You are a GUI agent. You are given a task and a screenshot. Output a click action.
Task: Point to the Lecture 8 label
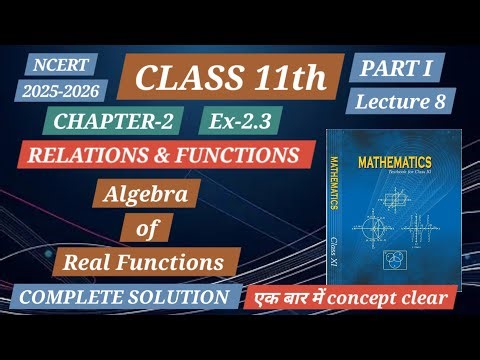coord(401,100)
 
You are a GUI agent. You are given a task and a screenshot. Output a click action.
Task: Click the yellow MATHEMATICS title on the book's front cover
coord(387,160)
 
